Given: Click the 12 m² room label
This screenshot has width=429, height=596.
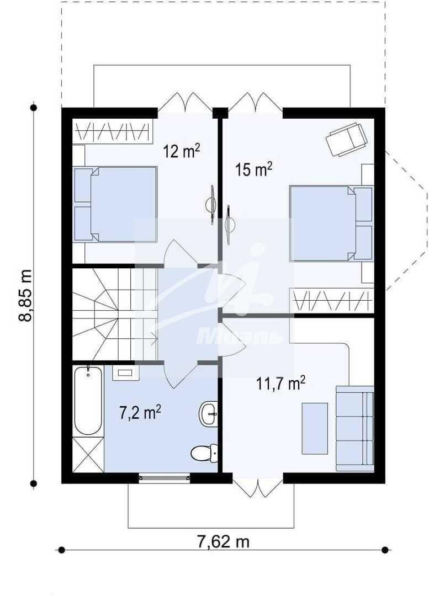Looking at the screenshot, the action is tap(182, 151).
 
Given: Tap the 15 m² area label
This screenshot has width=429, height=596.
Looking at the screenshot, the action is tap(253, 169).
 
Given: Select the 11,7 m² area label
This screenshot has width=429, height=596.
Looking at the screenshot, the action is tap(280, 383).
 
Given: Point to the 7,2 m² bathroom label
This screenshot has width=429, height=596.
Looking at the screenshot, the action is tap(140, 413).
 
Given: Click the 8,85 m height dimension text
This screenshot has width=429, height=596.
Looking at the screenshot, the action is tap(25, 296).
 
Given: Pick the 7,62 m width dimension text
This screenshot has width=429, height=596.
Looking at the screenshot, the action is tap(223, 541).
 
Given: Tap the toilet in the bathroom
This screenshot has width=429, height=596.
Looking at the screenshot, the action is tap(204, 453).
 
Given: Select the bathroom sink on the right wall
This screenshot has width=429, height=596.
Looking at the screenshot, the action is tap(208, 413).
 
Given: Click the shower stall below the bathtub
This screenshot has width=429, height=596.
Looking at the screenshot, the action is tap(88, 455).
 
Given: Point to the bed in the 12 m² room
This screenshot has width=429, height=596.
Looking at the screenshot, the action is tap(115, 204).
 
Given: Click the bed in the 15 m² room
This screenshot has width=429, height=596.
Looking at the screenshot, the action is tap(331, 223).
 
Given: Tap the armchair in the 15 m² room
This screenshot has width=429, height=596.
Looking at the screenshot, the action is tap(347, 139).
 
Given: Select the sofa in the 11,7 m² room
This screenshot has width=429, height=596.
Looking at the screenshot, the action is tap(355, 428).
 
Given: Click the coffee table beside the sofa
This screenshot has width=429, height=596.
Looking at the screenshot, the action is tap(315, 428).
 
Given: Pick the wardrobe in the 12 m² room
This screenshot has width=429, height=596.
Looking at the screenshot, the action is tap(113, 132).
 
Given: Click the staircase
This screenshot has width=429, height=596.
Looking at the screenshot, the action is tap(115, 314).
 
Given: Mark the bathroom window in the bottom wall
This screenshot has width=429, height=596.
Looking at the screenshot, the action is tap(165, 478).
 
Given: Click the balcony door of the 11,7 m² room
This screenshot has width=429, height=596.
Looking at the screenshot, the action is tap(257, 488).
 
